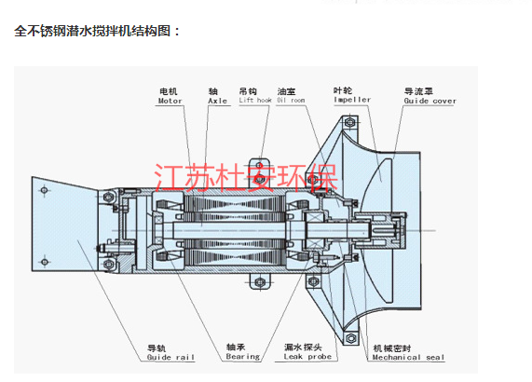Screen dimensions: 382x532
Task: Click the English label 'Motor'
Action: (x=170, y=102)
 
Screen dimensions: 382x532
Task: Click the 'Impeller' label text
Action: (x=352, y=99)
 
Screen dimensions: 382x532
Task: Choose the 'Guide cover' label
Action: (x=430, y=102)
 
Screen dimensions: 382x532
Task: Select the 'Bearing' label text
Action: (x=242, y=356)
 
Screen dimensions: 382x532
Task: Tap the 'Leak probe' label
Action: (x=307, y=356)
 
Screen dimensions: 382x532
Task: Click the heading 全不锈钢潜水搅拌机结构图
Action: (x=97, y=30)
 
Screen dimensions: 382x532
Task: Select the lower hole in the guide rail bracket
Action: (x=47, y=264)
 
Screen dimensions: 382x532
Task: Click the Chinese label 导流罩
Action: (x=416, y=91)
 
